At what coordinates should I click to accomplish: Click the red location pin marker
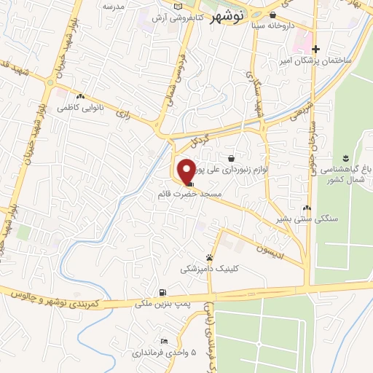(186, 170)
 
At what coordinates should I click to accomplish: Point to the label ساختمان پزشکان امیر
(315, 60)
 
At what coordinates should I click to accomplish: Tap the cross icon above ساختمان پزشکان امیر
(315, 49)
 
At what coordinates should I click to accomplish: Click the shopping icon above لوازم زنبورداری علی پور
(231, 157)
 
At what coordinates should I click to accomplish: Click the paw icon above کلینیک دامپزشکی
(210, 257)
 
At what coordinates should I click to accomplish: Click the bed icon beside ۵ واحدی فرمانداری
(165, 342)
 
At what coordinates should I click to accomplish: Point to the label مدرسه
(113, 6)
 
